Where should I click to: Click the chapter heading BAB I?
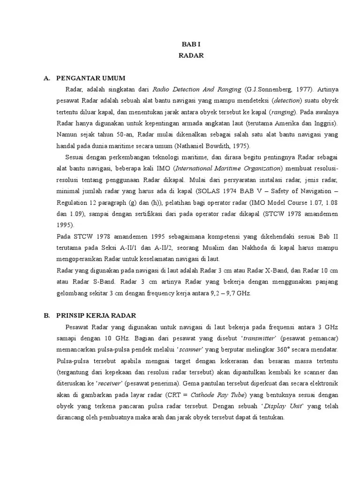pyautogui.click(x=191, y=44)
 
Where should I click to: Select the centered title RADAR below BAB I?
pyautogui.click(x=191, y=55)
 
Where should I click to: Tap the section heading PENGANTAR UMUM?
pyautogui.click(x=90, y=78)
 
